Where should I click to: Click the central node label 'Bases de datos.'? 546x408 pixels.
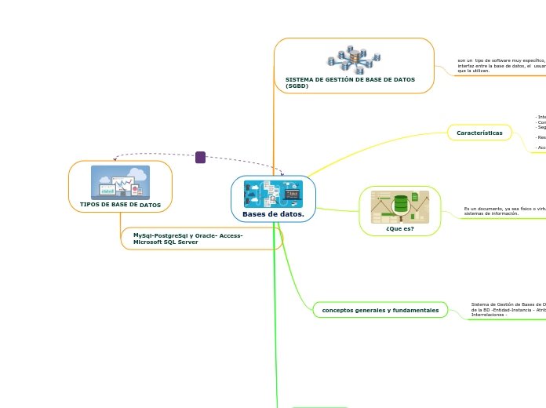(273, 213)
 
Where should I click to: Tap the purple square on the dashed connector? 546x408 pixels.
(200, 157)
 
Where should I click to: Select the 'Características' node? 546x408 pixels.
(479, 133)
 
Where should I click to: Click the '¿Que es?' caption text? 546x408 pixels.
(399, 228)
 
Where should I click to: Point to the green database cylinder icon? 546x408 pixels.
(401, 203)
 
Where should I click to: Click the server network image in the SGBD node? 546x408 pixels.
(354, 59)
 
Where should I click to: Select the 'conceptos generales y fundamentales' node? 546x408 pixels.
(380, 310)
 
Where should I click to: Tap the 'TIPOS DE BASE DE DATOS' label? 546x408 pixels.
(120, 205)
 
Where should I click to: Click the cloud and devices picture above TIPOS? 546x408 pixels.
(120, 182)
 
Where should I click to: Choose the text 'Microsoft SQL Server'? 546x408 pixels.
(166, 242)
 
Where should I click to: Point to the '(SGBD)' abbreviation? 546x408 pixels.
(297, 86)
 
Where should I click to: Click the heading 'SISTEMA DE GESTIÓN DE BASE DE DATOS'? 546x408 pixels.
(350, 79)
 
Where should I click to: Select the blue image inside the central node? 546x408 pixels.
(273, 194)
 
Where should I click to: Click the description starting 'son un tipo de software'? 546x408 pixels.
(500, 65)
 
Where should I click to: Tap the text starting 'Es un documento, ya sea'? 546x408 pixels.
(503, 211)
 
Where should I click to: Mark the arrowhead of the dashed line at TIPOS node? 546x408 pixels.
(115, 159)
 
